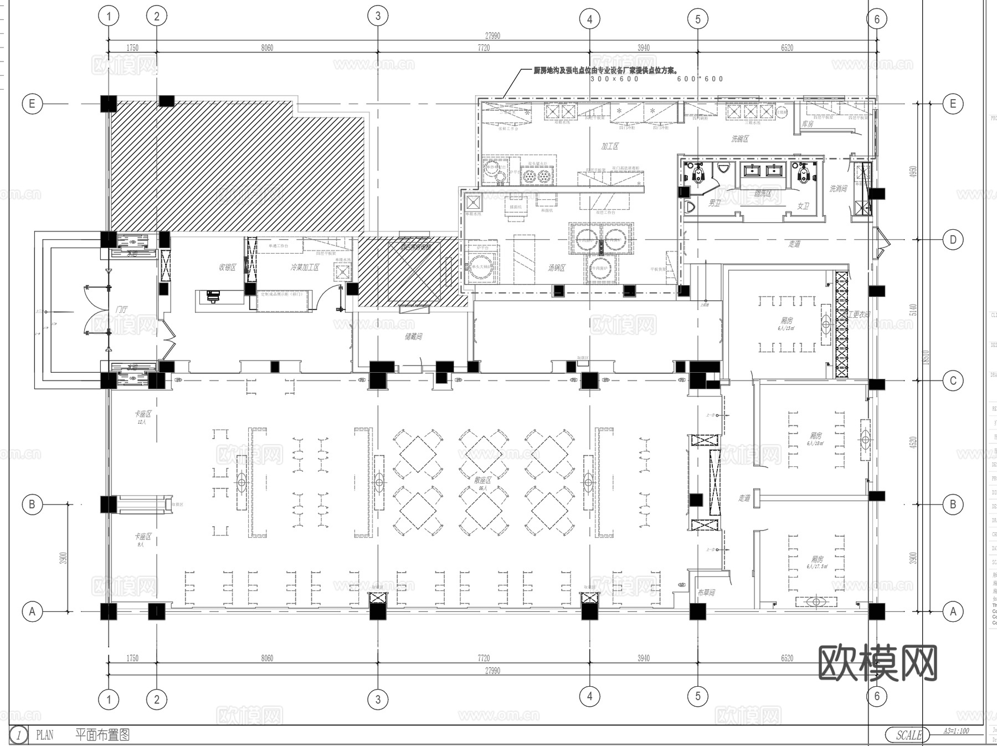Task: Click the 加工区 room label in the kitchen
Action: (x=609, y=146)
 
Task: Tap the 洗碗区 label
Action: (x=739, y=138)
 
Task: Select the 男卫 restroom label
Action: (x=715, y=203)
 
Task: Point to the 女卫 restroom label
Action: (x=803, y=206)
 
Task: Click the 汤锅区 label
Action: (x=556, y=267)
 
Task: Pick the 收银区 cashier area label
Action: (x=227, y=267)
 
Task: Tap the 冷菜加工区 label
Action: (x=305, y=267)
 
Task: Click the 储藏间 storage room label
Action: (x=413, y=336)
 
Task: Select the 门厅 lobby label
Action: (x=122, y=310)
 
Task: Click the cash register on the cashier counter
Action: (x=213, y=297)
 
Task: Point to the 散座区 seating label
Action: (x=482, y=480)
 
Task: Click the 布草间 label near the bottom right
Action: (x=706, y=593)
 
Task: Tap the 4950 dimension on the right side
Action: (x=913, y=172)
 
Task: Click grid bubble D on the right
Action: (x=953, y=240)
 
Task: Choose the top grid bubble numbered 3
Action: (x=378, y=16)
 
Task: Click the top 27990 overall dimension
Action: (x=492, y=35)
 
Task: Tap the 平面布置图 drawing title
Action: (x=102, y=735)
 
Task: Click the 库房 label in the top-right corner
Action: (x=808, y=124)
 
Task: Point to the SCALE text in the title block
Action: (x=909, y=735)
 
